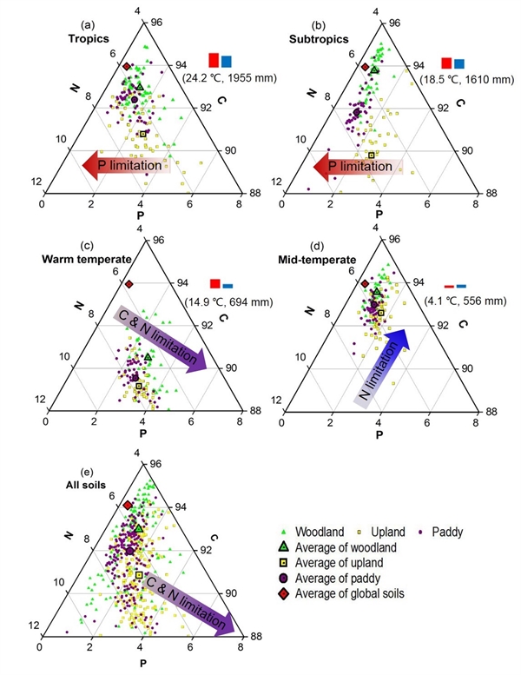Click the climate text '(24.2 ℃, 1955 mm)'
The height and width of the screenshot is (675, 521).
[230, 78]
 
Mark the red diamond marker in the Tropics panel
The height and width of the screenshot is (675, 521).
[127, 66]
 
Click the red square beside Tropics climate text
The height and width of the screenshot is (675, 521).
[214, 60]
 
